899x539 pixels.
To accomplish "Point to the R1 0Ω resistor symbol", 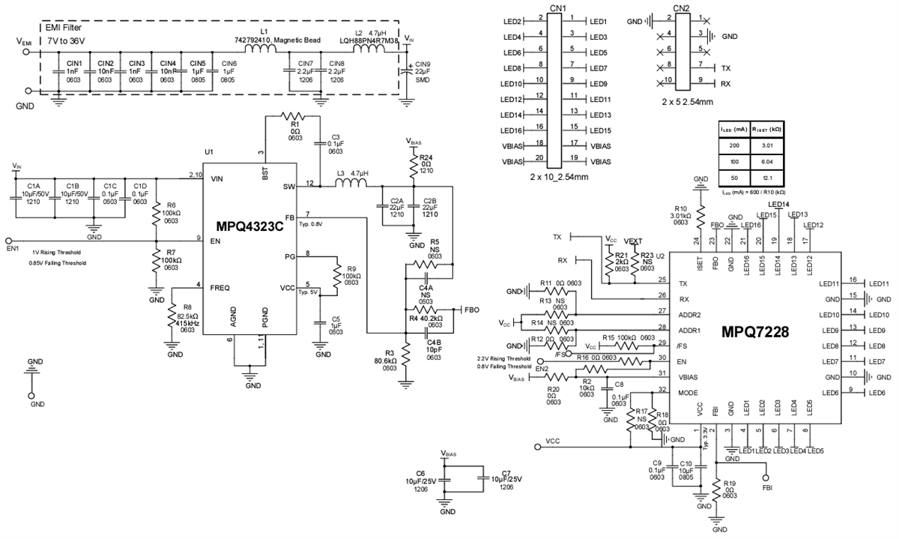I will pos(293,115).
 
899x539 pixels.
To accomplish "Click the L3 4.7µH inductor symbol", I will pos(353,184).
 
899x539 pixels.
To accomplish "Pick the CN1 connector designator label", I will pos(557,7).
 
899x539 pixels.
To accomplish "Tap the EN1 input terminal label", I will pos(13,247).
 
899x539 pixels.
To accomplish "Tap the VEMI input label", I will pos(25,43).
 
